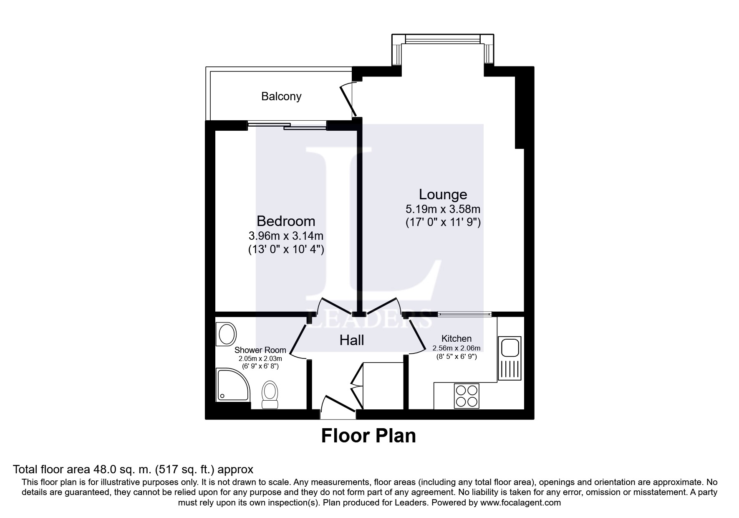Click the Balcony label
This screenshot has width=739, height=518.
tap(281, 96)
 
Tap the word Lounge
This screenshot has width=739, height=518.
tap(443, 195)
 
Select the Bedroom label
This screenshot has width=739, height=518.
tap(286, 221)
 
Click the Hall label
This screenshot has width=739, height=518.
tap(352, 340)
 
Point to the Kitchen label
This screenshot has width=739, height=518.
tap(457, 339)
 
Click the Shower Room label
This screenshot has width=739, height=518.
tap(260, 350)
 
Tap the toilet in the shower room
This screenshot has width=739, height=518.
tap(270, 394)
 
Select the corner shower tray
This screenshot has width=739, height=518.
tap(232, 385)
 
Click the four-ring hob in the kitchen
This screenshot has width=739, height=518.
tap(467, 396)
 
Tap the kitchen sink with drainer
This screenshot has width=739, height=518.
tap(509, 358)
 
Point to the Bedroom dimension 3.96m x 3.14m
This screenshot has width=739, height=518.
tap(286, 236)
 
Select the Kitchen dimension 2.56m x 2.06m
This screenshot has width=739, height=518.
tap(457, 348)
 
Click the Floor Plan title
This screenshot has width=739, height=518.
tap(368, 436)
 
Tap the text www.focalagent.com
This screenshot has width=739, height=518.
tap(520, 503)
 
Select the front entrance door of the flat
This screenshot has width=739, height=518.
tap(339, 404)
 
